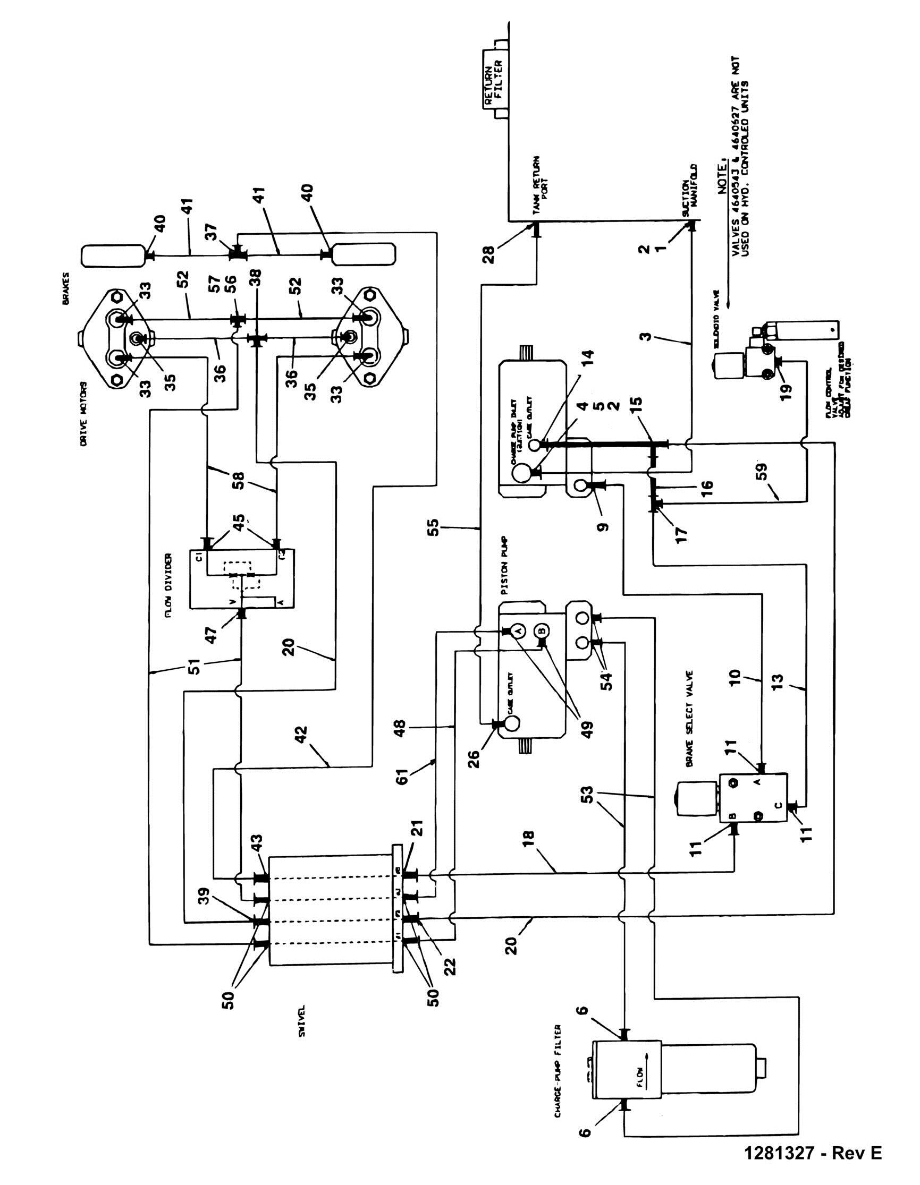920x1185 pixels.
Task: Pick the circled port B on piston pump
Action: [542, 630]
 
